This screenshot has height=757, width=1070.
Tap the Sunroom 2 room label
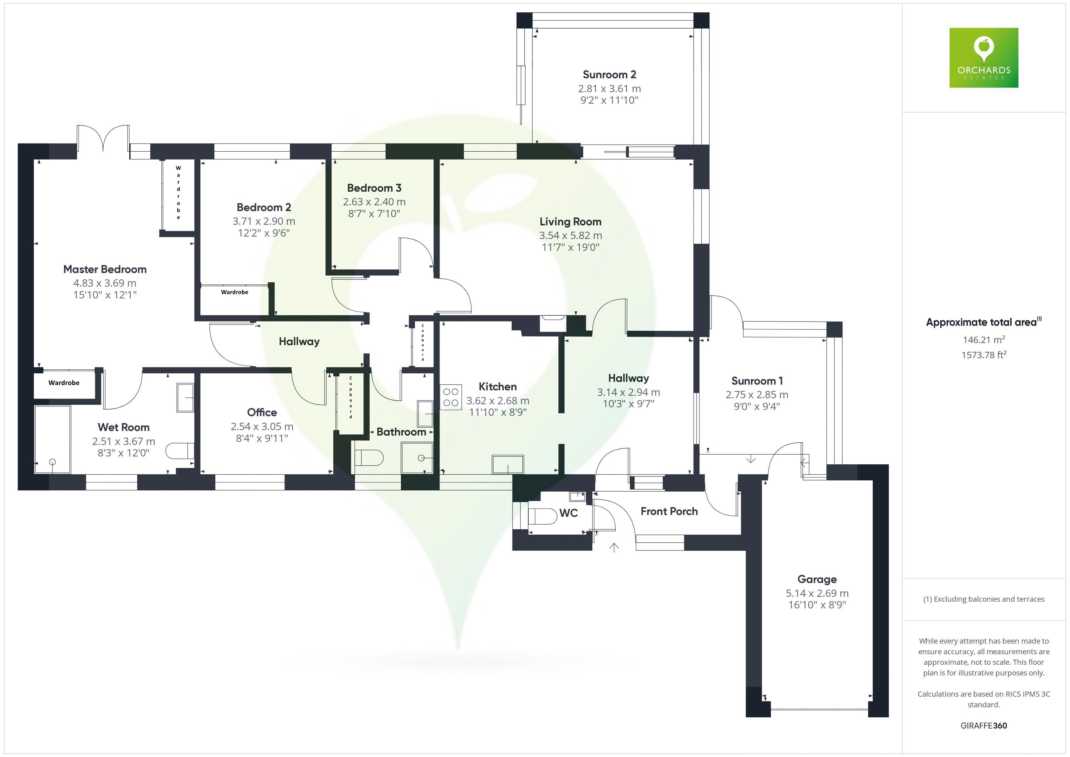pos(609,75)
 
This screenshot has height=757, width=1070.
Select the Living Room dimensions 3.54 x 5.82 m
pos(570,235)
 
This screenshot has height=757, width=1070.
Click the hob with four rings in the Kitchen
pos(451,397)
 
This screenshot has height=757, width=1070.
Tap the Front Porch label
pos(669,511)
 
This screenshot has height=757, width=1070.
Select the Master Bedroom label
pos(105,269)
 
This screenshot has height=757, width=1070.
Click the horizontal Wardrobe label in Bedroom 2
pos(234,292)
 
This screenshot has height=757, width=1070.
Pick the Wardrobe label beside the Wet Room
pos(64,383)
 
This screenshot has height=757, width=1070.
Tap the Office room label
pos(262,412)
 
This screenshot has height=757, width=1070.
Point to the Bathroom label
pos(401,432)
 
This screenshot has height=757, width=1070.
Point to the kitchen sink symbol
pos(507,464)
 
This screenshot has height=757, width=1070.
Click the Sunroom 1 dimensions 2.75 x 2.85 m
pos(756,395)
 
